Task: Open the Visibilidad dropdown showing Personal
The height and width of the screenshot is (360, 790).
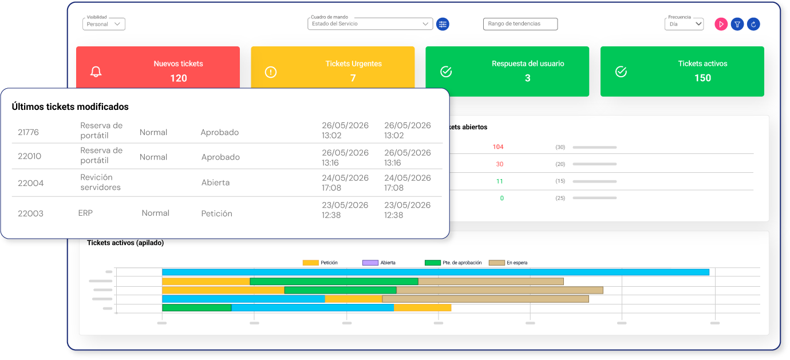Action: [x=104, y=24]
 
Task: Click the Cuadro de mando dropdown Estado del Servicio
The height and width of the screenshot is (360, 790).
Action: [x=370, y=23]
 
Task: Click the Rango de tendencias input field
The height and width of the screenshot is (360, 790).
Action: [x=520, y=24]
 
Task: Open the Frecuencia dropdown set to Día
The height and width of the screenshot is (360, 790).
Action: [x=684, y=24]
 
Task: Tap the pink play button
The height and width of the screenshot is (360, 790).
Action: [x=721, y=24]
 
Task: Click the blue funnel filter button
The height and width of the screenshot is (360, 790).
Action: [x=737, y=24]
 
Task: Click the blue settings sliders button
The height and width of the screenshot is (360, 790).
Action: [x=443, y=24]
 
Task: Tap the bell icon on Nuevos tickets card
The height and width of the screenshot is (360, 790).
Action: [x=96, y=72]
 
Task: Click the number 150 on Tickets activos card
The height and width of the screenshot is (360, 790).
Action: [x=702, y=78]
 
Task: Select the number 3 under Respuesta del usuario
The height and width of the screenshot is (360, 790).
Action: [x=528, y=78]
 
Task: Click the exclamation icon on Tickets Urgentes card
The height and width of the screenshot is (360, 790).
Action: [x=271, y=72]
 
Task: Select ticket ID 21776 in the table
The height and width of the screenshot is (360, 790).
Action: [x=28, y=132]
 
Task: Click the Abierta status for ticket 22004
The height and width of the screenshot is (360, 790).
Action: [x=215, y=183]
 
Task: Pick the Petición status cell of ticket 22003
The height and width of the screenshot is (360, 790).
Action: [x=216, y=213]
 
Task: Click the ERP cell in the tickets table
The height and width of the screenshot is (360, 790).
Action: [x=85, y=213]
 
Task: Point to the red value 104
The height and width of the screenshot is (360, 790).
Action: [x=498, y=147]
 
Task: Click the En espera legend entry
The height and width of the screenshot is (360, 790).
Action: [x=508, y=263]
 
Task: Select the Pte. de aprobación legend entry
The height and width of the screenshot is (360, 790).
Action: [x=453, y=263]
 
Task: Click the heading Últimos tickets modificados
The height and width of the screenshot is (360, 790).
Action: [x=70, y=107]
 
